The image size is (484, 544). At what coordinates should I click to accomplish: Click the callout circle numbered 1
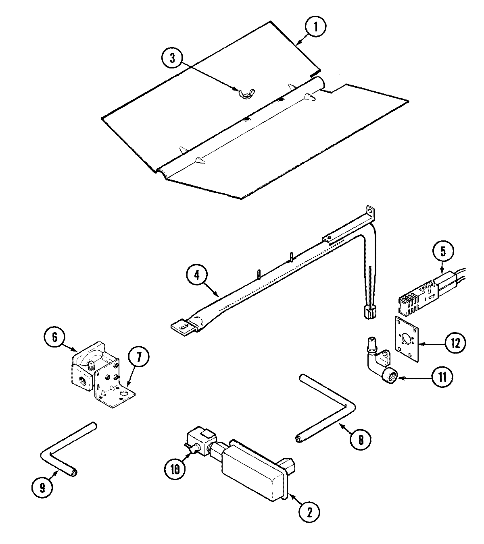pos(316,27)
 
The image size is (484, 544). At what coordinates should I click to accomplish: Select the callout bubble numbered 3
pos(173,58)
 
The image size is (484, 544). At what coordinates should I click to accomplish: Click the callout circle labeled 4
pos(197,275)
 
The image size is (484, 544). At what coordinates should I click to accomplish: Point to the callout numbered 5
pos(443,251)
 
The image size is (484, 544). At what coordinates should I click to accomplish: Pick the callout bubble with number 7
pos(138,356)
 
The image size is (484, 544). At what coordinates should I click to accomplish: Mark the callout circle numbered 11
pos(442,377)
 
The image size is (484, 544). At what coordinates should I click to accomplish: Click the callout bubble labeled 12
pos(455,343)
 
